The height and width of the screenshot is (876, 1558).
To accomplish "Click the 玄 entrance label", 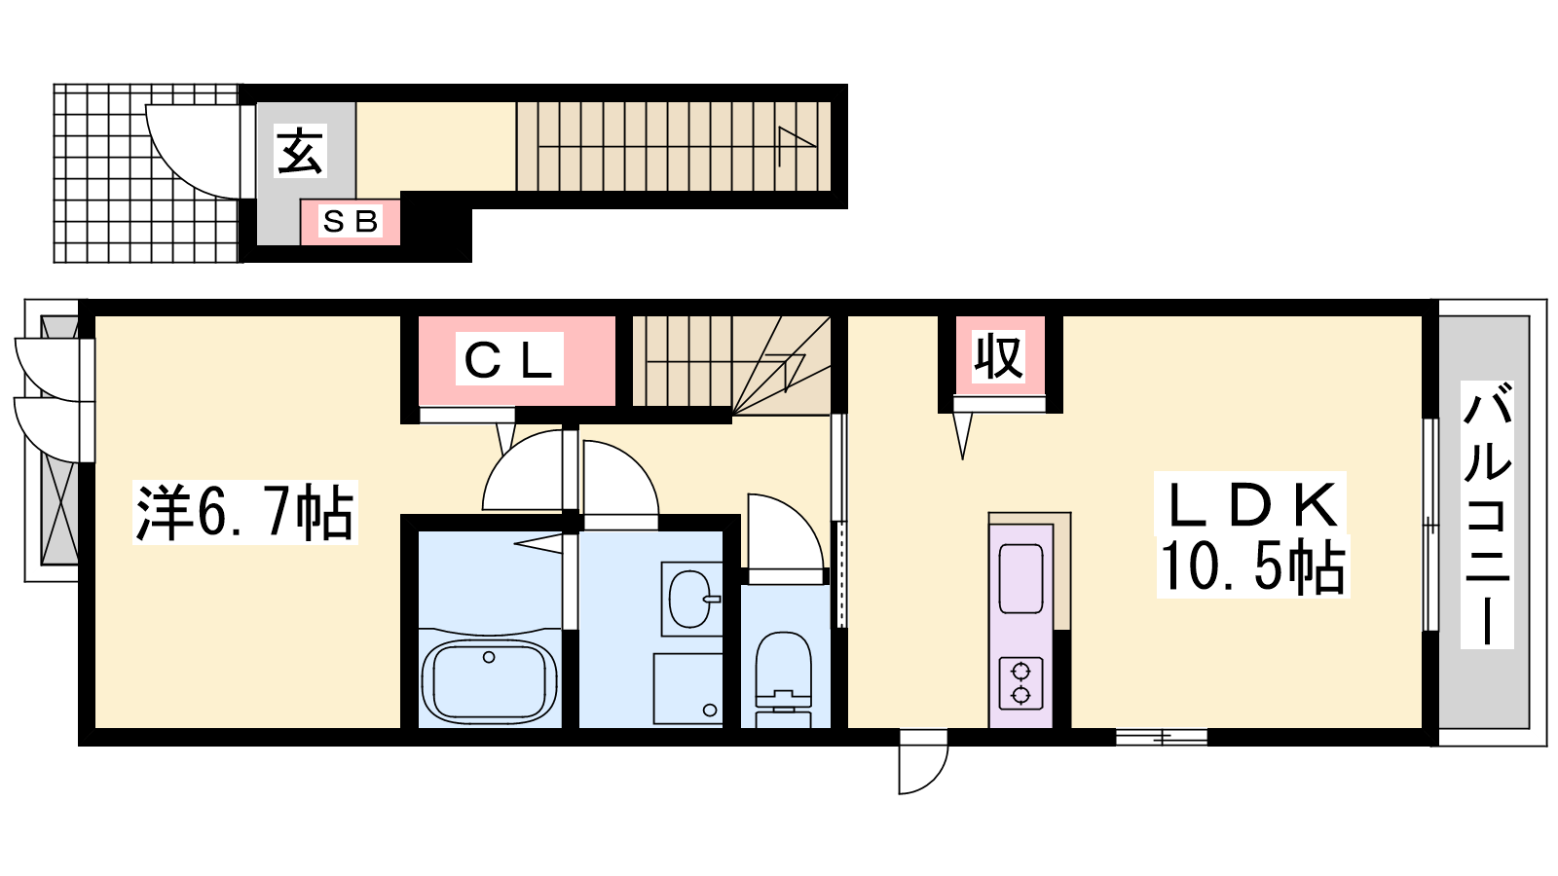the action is click(x=301, y=151).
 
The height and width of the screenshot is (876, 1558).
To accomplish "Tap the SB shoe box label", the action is click(x=351, y=222).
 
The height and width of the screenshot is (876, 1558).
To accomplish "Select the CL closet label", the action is click(x=508, y=359).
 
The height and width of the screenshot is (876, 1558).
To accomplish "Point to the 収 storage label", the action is click(x=998, y=357).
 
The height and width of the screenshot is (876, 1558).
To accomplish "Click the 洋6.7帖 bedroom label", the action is click(x=244, y=512).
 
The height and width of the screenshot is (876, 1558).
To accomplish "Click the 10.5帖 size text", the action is click(x=1252, y=566).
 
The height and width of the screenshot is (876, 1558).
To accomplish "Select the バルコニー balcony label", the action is click(x=1487, y=515).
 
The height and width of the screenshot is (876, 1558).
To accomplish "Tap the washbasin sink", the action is click(x=690, y=599).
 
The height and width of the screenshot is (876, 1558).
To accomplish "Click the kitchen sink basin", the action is click(x=1020, y=579).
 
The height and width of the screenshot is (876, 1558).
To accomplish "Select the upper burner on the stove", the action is click(x=1020, y=672).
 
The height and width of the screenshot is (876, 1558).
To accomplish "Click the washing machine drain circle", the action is click(x=710, y=710).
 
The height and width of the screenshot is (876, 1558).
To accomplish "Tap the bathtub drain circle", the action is click(x=489, y=657).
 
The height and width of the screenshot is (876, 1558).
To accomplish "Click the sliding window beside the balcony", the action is click(x=1430, y=525).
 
